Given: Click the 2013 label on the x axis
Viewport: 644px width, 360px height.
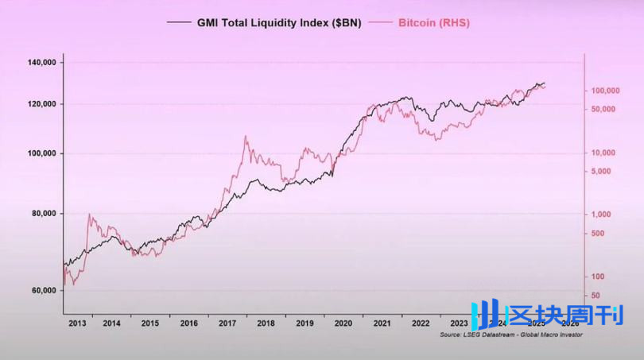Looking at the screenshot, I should tap(77, 323).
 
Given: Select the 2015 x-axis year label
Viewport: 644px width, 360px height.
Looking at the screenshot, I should tap(150, 323).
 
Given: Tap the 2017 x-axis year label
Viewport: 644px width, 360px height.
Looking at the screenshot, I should tap(228, 323).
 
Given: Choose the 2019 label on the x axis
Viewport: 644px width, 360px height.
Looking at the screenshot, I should tap(305, 323).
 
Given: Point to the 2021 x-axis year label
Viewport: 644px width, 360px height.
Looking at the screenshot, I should tap(382, 323).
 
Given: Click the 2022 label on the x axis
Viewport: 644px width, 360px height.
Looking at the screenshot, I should tap(421, 323).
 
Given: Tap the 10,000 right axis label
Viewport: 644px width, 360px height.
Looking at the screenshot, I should tap(604, 153).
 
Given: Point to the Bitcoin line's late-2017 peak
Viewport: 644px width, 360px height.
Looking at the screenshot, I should tap(245, 137).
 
